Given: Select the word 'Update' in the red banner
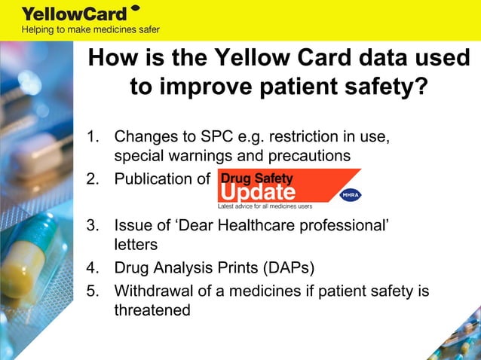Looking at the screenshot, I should (x=256, y=192).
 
